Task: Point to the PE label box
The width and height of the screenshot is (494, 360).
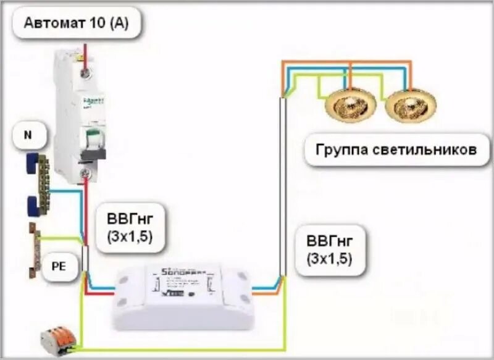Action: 56,267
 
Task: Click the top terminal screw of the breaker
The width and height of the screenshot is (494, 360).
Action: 86,72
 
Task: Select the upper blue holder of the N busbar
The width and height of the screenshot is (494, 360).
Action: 33,162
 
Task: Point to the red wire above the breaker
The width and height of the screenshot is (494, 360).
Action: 85,52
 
